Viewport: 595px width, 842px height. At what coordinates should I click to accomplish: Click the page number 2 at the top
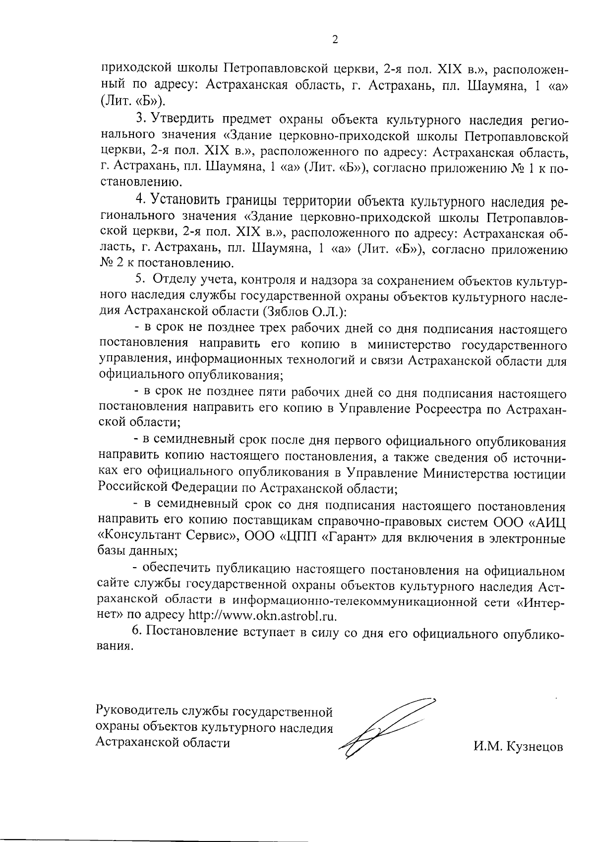click(x=335, y=40)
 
